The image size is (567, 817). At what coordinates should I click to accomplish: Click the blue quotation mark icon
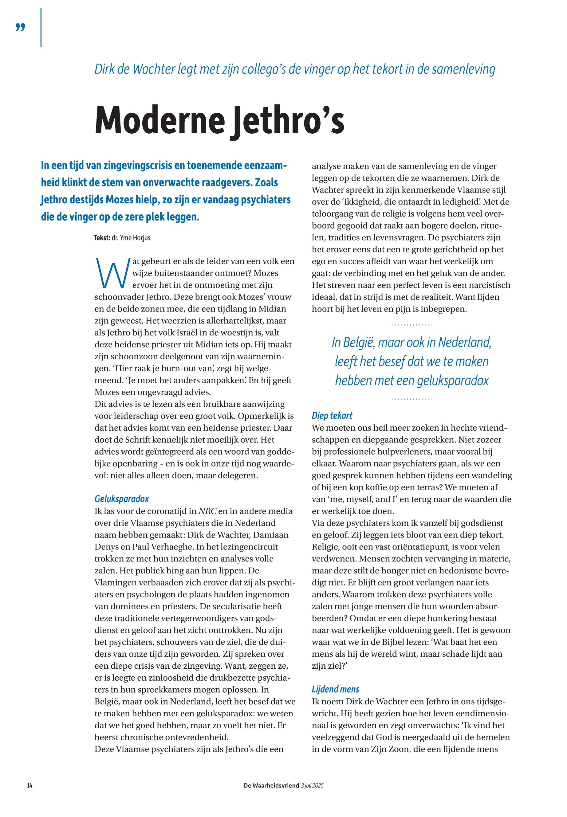click(x=21, y=27)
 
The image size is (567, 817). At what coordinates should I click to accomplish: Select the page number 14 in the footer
click(x=30, y=785)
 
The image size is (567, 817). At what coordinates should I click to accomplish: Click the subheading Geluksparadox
click(x=121, y=499)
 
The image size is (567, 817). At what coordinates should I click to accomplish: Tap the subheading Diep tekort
click(x=332, y=416)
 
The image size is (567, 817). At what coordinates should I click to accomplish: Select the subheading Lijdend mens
click(x=335, y=689)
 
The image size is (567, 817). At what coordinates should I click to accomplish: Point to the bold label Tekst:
click(x=102, y=238)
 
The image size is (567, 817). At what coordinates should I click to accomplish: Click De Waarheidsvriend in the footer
click(x=271, y=785)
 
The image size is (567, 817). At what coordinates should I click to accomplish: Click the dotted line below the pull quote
click(x=412, y=399)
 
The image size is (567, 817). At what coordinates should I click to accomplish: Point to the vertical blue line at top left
click(x=41, y=27)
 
